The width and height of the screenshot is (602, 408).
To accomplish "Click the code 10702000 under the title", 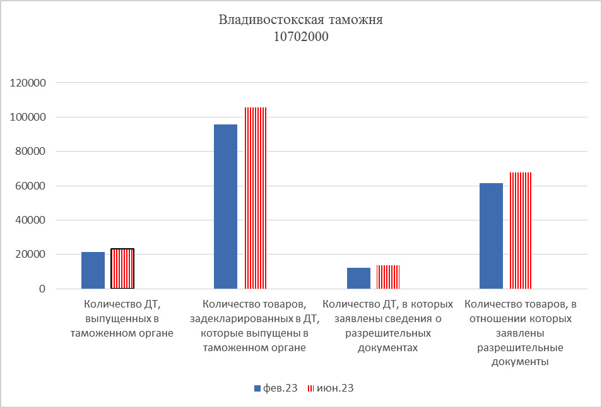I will coord(301,37).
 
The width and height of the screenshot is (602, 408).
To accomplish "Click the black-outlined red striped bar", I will coord(122,268).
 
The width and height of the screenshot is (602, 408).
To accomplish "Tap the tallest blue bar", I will coord(226,207).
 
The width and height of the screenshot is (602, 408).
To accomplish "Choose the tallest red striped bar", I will coord(256,198).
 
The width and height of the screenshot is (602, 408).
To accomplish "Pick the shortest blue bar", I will coord(358,279).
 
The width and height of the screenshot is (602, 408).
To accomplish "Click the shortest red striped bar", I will coord(388,277).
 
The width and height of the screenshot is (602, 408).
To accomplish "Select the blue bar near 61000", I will coord(491,236).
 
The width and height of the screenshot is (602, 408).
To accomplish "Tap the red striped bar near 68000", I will coord(521,231).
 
